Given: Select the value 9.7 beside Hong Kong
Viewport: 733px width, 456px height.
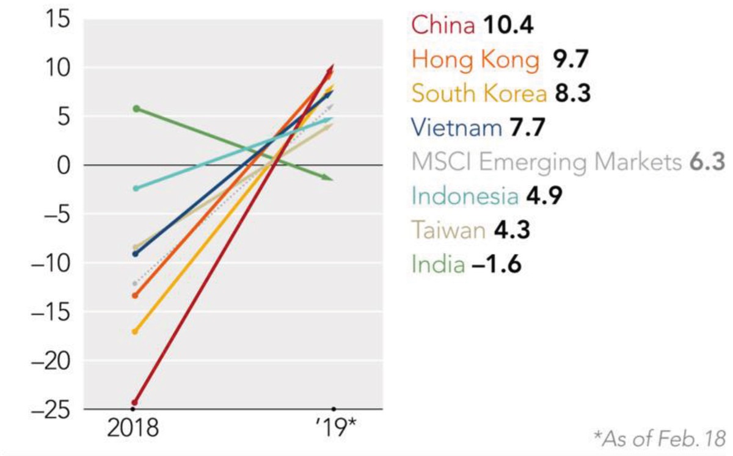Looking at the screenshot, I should pos(570,60).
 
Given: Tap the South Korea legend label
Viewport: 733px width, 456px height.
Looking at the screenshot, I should pos(479,94).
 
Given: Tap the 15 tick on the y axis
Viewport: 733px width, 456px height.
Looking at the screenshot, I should pos(59,19).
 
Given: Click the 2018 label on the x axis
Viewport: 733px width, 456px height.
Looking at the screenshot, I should pos(133,429).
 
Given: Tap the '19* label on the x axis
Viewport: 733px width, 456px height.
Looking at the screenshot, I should pos(334,429).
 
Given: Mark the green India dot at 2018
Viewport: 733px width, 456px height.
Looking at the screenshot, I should pos(137,109).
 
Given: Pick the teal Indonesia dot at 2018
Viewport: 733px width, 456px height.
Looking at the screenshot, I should pos(136,188).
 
